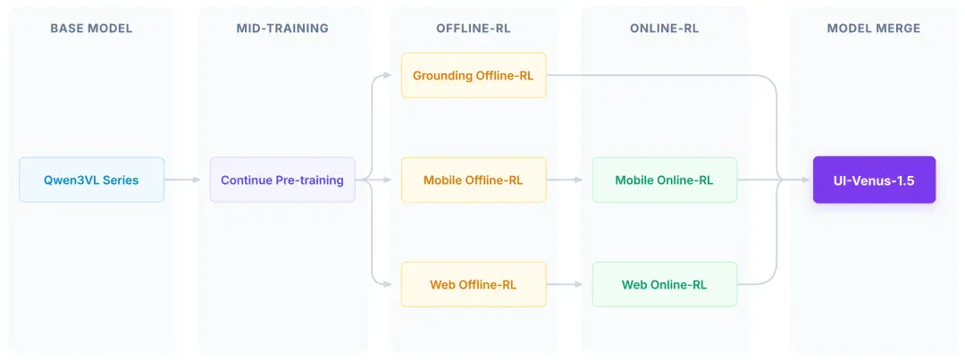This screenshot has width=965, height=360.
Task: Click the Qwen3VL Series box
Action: [x=92, y=180]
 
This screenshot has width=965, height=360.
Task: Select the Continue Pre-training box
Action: [x=282, y=180]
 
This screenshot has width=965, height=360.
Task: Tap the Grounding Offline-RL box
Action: [x=474, y=75]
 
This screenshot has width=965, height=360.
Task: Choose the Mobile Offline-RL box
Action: [x=474, y=180]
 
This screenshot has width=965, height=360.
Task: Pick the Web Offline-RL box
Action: [x=474, y=284]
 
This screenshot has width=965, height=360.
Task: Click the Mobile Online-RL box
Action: [x=665, y=180]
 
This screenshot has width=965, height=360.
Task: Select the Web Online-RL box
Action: [x=665, y=284]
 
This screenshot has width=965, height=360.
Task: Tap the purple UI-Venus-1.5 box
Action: [x=874, y=180]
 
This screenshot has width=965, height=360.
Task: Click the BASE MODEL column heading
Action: [x=91, y=29]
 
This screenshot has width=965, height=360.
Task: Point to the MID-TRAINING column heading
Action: [x=282, y=29]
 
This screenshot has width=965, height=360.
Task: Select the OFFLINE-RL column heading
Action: [x=474, y=29]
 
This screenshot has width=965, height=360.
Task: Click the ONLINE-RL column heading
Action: [x=665, y=29]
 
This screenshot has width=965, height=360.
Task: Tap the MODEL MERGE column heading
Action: [x=874, y=29]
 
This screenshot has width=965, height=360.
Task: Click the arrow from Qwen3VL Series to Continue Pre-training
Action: [x=183, y=180]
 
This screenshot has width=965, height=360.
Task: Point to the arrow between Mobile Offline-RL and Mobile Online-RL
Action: [x=565, y=180]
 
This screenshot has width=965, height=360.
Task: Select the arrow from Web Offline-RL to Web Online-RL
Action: [x=565, y=284]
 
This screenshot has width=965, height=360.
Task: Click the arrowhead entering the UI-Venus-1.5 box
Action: [x=806, y=180]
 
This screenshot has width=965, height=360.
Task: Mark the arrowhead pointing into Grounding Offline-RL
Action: [x=387, y=75]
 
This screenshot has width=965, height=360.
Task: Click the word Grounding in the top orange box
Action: [x=442, y=76]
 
